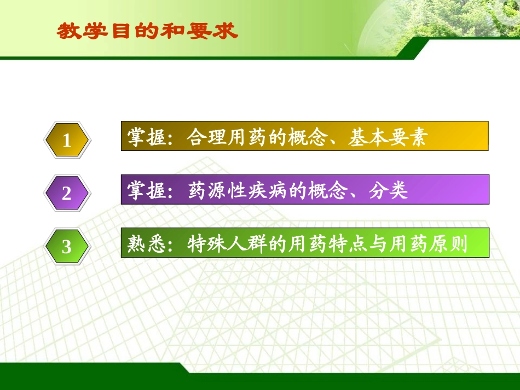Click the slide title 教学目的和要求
147,31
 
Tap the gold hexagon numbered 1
67,141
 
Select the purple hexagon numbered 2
67,193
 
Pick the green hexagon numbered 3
67,246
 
